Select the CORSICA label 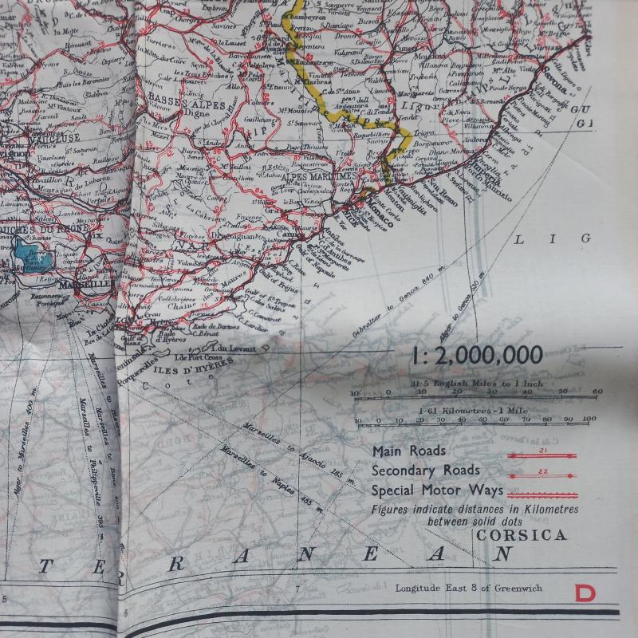(x=522, y=535)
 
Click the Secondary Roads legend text (x=426, y=471)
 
